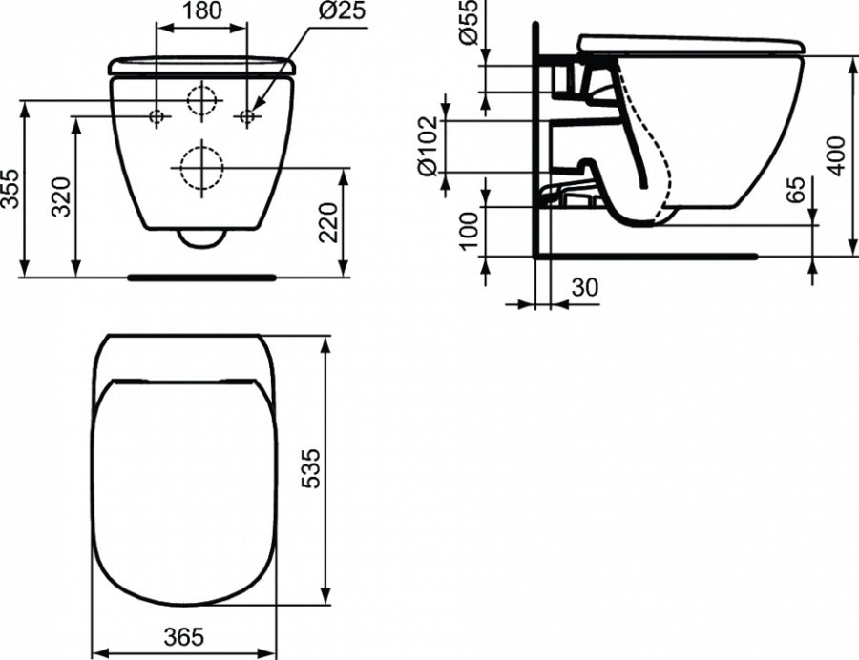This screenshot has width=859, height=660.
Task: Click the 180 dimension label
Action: [x=202, y=11]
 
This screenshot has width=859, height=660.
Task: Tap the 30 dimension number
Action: [x=585, y=287]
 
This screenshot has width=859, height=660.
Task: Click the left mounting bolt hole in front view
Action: [x=158, y=116]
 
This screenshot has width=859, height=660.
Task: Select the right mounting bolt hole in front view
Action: [x=247, y=116]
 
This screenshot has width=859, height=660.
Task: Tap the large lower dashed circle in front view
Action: [x=201, y=168]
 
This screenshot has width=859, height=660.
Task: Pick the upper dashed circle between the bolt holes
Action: [x=203, y=100]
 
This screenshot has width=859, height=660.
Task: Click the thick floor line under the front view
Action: [x=201, y=278]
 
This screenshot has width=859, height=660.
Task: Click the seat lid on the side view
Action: [x=687, y=44]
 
